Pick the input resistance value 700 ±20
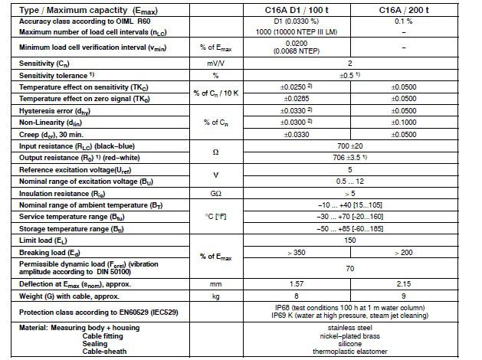pos(349,144)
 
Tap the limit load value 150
pos(349,240)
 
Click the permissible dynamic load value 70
pos(349,268)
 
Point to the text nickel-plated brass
pos(349,335)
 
